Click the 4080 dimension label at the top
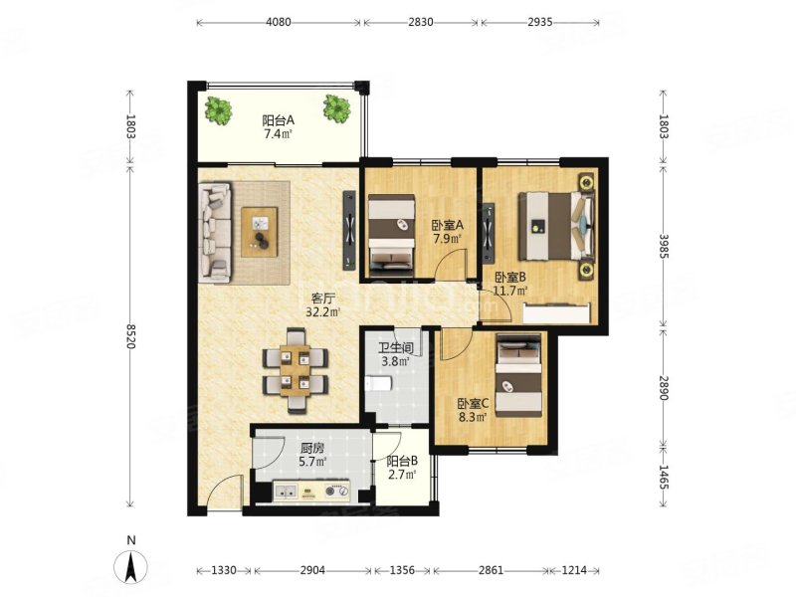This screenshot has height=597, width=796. [279, 22]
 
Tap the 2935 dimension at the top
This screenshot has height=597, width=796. [539, 22]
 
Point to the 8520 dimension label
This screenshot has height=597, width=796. [130, 336]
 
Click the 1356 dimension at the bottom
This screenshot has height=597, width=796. [403, 570]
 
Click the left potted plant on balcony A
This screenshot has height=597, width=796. [218, 110]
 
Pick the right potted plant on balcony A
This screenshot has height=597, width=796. [336, 108]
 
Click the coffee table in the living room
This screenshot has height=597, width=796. [260, 232]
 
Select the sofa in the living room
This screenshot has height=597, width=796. [216, 233]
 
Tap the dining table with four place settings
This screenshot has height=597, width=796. [295, 370]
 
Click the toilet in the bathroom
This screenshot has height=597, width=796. [378, 383]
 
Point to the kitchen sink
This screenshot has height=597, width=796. [286, 492]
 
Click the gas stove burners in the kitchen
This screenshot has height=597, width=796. [337, 491]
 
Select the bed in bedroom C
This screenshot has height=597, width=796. [518, 375]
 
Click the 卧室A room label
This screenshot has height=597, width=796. [447, 225]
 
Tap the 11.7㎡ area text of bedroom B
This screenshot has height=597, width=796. [510, 291]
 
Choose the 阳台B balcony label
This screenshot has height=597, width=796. [402, 462]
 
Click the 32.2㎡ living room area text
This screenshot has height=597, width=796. [322, 312]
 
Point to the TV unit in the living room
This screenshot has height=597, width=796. [349, 230]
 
